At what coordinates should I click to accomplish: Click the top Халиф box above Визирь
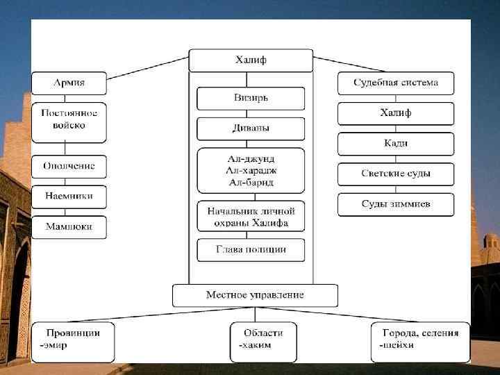pyautogui.click(x=251, y=60)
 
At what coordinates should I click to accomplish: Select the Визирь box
pyautogui.click(x=251, y=98)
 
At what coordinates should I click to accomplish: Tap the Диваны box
pyautogui.click(x=251, y=128)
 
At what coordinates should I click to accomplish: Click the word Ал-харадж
pyautogui.click(x=251, y=170)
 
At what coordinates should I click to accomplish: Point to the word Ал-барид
pyautogui.click(x=251, y=182)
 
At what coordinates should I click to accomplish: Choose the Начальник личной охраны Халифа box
pyautogui.click(x=251, y=217)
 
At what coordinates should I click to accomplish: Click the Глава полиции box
pyautogui.click(x=251, y=250)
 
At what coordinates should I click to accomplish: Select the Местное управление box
pyautogui.click(x=255, y=295)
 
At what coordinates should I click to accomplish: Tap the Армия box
pyautogui.click(x=69, y=83)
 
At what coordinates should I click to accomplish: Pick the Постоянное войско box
pyautogui.click(x=69, y=120)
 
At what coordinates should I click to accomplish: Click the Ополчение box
pyautogui.click(x=69, y=167)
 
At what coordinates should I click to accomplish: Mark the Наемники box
pyautogui.click(x=69, y=197)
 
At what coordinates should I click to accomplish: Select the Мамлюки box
pyautogui.click(x=69, y=227)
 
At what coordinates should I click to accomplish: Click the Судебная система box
pyautogui.click(x=395, y=83)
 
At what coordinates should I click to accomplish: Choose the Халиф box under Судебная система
pyautogui.click(x=395, y=113)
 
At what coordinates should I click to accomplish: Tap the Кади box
pyautogui.click(x=395, y=144)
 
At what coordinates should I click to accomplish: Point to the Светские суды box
pyautogui.click(x=395, y=174)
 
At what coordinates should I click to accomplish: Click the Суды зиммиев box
pyautogui.click(x=395, y=204)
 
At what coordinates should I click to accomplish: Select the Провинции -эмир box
pyautogui.click(x=72, y=341)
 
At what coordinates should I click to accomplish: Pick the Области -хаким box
pyautogui.click(x=262, y=341)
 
